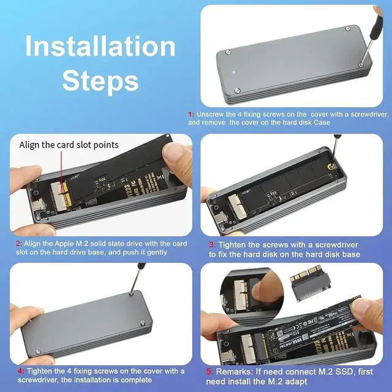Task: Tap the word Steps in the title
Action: (x=100, y=80)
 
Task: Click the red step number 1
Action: (x=190, y=114)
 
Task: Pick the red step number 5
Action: (x=208, y=371)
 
